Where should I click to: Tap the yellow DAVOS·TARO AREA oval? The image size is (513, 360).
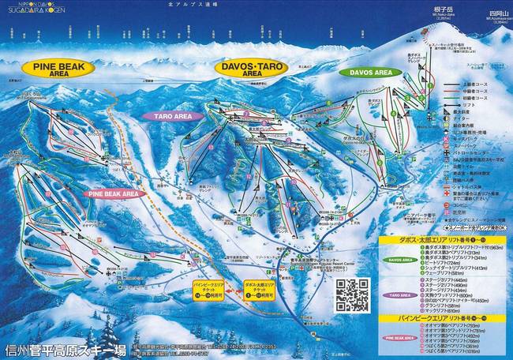pos(252,69)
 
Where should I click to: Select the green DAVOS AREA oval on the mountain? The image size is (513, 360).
pos(365,72)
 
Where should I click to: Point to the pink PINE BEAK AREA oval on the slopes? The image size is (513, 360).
pos(114,193)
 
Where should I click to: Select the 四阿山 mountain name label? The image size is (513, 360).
pos(475,13)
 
